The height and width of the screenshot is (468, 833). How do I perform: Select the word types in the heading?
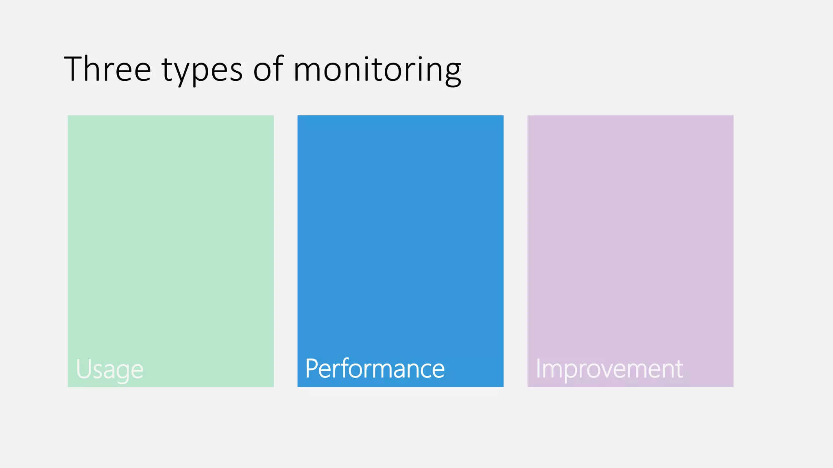click(x=202, y=70)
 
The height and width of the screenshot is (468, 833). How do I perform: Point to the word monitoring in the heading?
click(x=377, y=70)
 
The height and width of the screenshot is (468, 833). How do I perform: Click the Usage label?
click(x=110, y=369)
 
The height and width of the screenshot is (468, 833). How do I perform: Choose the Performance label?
click(x=375, y=368)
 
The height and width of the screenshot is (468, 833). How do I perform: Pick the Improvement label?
click(x=609, y=368)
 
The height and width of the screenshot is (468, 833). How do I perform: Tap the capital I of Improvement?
click(x=538, y=368)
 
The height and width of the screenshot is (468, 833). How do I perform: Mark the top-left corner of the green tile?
click(x=68, y=116)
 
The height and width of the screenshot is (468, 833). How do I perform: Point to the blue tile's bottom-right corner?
click(x=503, y=386)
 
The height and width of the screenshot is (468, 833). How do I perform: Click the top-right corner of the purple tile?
click(x=733, y=116)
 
